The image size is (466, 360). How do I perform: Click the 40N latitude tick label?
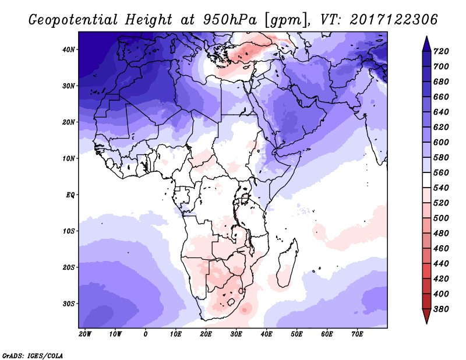(x=69, y=50)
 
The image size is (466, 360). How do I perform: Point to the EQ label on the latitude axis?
(x=70, y=195)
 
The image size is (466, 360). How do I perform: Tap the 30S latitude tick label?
(x=69, y=304)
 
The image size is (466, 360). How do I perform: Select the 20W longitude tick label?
(x=85, y=334)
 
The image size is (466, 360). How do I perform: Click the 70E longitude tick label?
(x=357, y=334)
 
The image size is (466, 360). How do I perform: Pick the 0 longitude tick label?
(x=145, y=334)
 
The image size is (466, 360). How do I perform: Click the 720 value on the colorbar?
(x=441, y=51)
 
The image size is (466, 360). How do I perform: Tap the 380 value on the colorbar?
(x=441, y=309)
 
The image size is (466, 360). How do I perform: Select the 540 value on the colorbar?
(x=441, y=188)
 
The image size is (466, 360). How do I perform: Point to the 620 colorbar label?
(x=441, y=127)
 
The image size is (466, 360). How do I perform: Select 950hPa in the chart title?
(x=230, y=20)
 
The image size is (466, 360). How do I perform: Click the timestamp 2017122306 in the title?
(x=394, y=20)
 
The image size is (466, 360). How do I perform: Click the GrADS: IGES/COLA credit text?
(x=33, y=355)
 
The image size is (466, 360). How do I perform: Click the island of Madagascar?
(x=287, y=263)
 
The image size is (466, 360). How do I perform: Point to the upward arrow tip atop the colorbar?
(x=426, y=37)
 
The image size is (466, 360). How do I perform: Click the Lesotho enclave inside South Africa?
(x=231, y=303)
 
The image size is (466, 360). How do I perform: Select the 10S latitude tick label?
(x=69, y=231)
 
